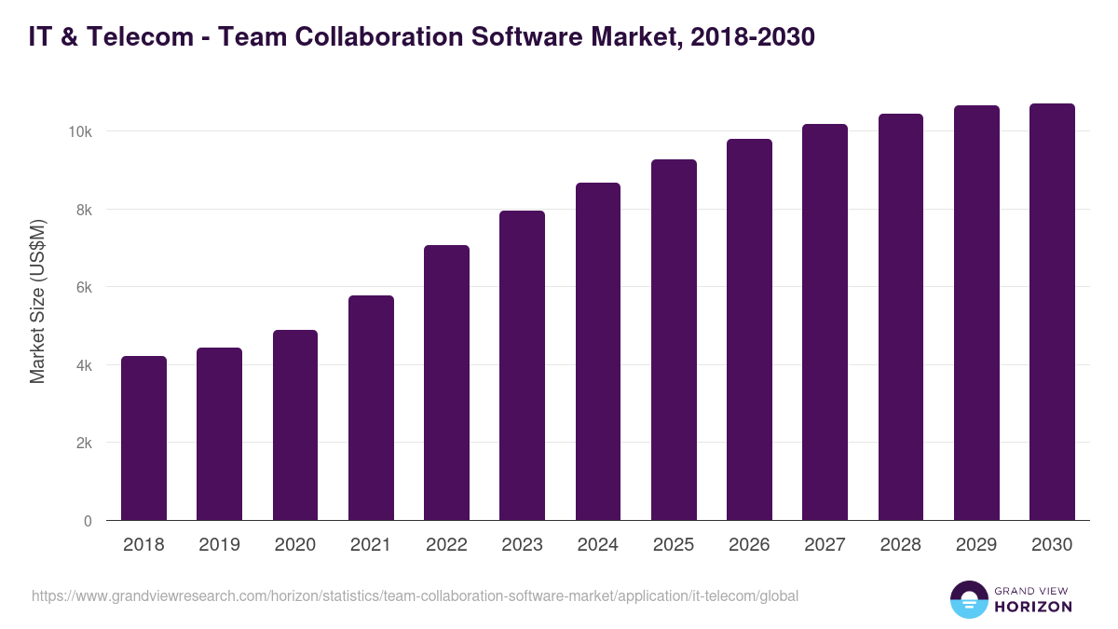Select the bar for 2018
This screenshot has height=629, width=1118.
click(143, 438)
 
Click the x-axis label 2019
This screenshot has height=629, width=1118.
click(219, 545)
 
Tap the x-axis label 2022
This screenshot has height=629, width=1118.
click(446, 545)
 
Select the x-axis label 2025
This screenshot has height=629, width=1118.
click(674, 545)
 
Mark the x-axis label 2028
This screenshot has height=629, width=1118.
click(901, 545)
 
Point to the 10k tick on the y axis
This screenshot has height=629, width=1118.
click(79, 131)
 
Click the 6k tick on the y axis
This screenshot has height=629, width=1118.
click(83, 287)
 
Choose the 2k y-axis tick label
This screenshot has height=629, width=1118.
click(83, 443)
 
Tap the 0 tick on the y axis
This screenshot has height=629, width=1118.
click(88, 521)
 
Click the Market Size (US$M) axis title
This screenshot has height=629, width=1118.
click(37, 300)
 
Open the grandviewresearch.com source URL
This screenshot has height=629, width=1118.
click(415, 595)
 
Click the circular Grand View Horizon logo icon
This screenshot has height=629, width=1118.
click(968, 599)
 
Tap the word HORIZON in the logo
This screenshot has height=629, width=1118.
click(1032, 607)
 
